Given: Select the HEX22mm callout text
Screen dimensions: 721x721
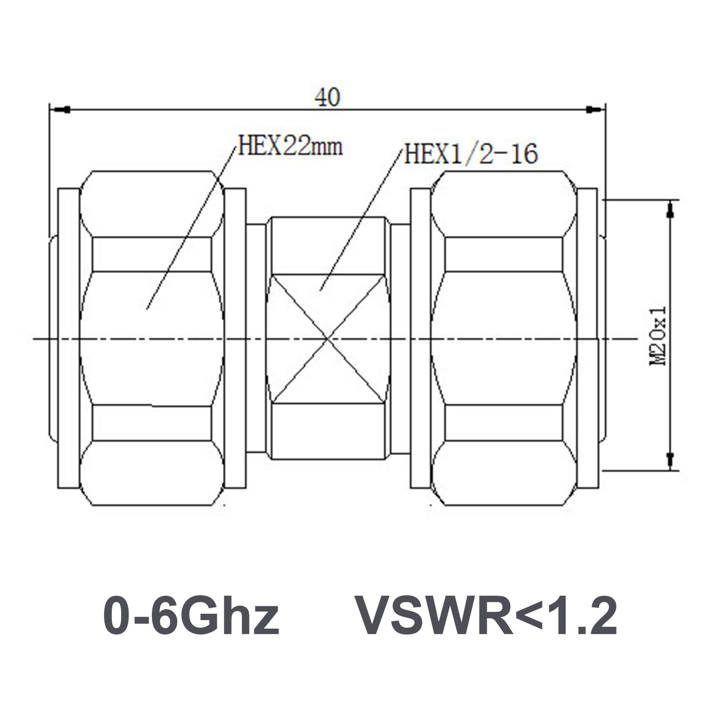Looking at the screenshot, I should tap(290, 147).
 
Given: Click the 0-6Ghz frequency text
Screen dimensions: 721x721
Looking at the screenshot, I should tap(191, 615).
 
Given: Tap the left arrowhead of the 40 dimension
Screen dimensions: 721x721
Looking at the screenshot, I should tap(60, 110).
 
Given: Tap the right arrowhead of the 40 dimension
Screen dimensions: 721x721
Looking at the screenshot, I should tap(593, 110).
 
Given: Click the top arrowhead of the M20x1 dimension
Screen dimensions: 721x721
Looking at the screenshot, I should tap(670, 208).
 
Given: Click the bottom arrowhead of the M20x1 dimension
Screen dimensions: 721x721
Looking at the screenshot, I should tap(670, 462).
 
